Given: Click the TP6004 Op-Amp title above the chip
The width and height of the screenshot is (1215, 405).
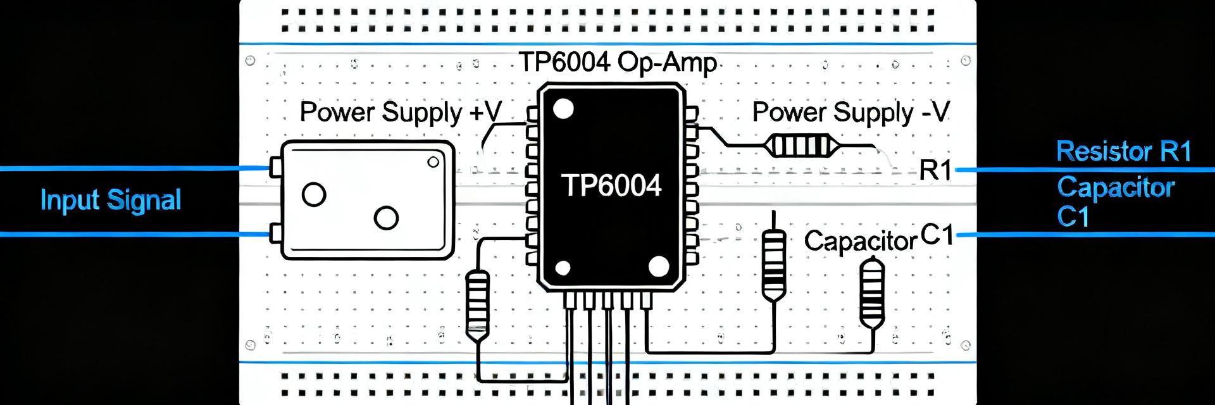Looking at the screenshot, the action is [618, 63].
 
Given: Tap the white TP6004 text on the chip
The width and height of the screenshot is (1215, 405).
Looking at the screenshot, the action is [611, 185].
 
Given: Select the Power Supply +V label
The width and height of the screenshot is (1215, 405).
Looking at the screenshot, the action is [401, 113].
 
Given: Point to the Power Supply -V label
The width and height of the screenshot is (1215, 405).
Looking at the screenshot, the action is [851, 113].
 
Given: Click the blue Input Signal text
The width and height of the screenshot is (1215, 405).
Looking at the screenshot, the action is [111, 201].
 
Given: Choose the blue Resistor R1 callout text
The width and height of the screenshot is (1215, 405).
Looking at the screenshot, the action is [1124, 152].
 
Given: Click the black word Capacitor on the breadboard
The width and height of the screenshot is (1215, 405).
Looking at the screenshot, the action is [861, 241].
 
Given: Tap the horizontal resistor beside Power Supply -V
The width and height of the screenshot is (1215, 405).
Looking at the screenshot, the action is [799, 146].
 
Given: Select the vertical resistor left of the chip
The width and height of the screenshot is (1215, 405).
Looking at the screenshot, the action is [478, 304].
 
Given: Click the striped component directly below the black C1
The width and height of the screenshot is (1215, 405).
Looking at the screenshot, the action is [871, 293].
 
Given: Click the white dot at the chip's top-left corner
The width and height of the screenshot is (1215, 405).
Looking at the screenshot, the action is [563, 109].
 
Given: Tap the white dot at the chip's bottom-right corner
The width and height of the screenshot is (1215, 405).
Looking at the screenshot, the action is [659, 267].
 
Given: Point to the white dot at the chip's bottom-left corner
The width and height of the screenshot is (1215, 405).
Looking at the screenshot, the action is [563, 268].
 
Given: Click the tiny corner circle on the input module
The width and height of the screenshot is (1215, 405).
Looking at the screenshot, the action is [433, 162].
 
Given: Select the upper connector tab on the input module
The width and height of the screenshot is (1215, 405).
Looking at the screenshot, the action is [275, 168].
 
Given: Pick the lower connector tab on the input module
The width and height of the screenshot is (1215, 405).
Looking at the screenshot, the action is [275, 233].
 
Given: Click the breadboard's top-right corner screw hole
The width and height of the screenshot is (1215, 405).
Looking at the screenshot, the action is [966, 61].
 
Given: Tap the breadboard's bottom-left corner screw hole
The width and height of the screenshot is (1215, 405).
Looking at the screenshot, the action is [250, 346].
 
